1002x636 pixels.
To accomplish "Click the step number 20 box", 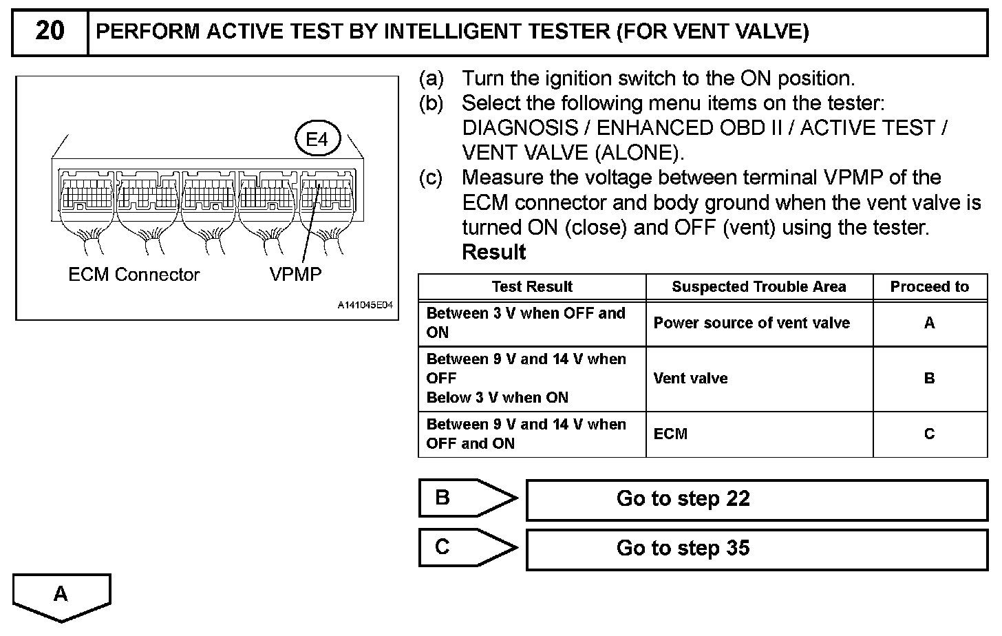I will click(x=50, y=32).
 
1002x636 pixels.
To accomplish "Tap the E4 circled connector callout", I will click(x=317, y=140).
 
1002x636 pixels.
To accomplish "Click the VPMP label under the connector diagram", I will click(x=295, y=275).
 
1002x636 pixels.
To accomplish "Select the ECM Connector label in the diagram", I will click(x=134, y=275).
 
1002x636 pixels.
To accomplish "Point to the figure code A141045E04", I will click(x=365, y=305).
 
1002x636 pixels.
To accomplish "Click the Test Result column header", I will click(x=532, y=287).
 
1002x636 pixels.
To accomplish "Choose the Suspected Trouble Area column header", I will click(x=758, y=287).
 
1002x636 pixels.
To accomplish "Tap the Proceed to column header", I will click(x=929, y=287).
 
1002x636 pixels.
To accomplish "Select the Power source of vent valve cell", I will click(x=751, y=323).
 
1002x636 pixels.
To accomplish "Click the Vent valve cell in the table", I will click(x=690, y=379).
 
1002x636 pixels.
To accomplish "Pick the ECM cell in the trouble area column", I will click(x=670, y=434).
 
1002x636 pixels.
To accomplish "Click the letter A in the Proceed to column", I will click(x=929, y=323).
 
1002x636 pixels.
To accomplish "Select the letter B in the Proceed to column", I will click(x=929, y=379).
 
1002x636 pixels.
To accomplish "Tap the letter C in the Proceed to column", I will click(x=929, y=434).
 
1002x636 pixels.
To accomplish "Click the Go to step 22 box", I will click(x=756, y=499).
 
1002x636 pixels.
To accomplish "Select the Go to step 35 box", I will click(x=756, y=549).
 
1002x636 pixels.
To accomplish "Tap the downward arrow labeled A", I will click(x=61, y=595).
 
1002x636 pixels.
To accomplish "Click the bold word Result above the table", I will click(x=493, y=253).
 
